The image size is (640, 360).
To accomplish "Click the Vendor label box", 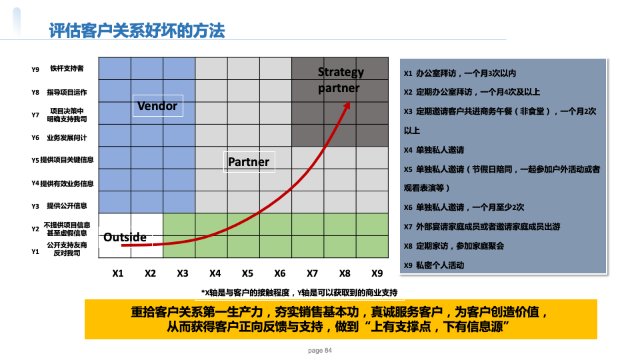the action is click(x=158, y=106).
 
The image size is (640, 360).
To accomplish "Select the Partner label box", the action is click(x=249, y=162).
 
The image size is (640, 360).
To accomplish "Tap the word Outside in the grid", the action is click(x=125, y=237).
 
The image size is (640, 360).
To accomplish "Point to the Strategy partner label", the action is click(x=341, y=80).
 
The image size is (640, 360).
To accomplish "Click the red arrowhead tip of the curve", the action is click(x=349, y=101).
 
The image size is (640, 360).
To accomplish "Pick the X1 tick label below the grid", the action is click(x=118, y=273).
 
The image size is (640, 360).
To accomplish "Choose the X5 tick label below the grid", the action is click(x=247, y=273).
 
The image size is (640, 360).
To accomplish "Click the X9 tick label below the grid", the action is click(x=377, y=273).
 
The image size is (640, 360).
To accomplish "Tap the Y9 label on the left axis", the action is click(x=35, y=70).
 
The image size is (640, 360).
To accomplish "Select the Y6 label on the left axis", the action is click(x=35, y=138).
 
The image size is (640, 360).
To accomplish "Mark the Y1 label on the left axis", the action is click(x=35, y=252).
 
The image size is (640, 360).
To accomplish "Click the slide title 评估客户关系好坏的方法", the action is click(x=137, y=31).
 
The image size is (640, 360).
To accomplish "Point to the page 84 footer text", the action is click(x=320, y=351).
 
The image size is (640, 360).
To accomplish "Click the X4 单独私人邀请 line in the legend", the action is click(x=434, y=150).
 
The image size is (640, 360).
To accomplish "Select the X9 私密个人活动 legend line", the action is click(x=434, y=265).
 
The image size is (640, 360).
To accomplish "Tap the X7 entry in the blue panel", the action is click(x=482, y=227).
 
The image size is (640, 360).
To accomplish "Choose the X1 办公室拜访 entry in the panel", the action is click(x=460, y=73).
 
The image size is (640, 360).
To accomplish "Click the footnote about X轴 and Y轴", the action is click(x=299, y=293).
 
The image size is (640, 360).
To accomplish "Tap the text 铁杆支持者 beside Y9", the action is click(x=67, y=69).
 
